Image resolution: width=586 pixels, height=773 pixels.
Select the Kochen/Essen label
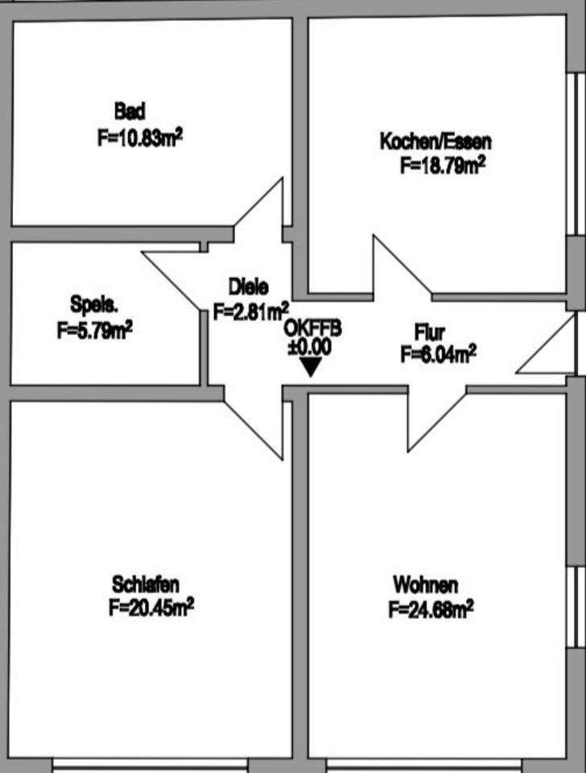coord(435,142)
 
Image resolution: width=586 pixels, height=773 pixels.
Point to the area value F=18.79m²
coord(442,167)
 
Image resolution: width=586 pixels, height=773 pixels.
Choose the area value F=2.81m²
coord(251,311)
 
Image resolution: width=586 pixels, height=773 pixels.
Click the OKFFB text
coord(313,329)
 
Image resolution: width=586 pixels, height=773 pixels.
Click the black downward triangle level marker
coord(310,368)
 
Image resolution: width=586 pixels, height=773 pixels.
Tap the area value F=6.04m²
coord(439,353)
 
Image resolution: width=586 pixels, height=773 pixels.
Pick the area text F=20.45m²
coord(151,607)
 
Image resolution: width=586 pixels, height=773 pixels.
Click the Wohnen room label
coord(426,584)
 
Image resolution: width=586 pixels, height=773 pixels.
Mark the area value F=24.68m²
coord(431,610)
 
